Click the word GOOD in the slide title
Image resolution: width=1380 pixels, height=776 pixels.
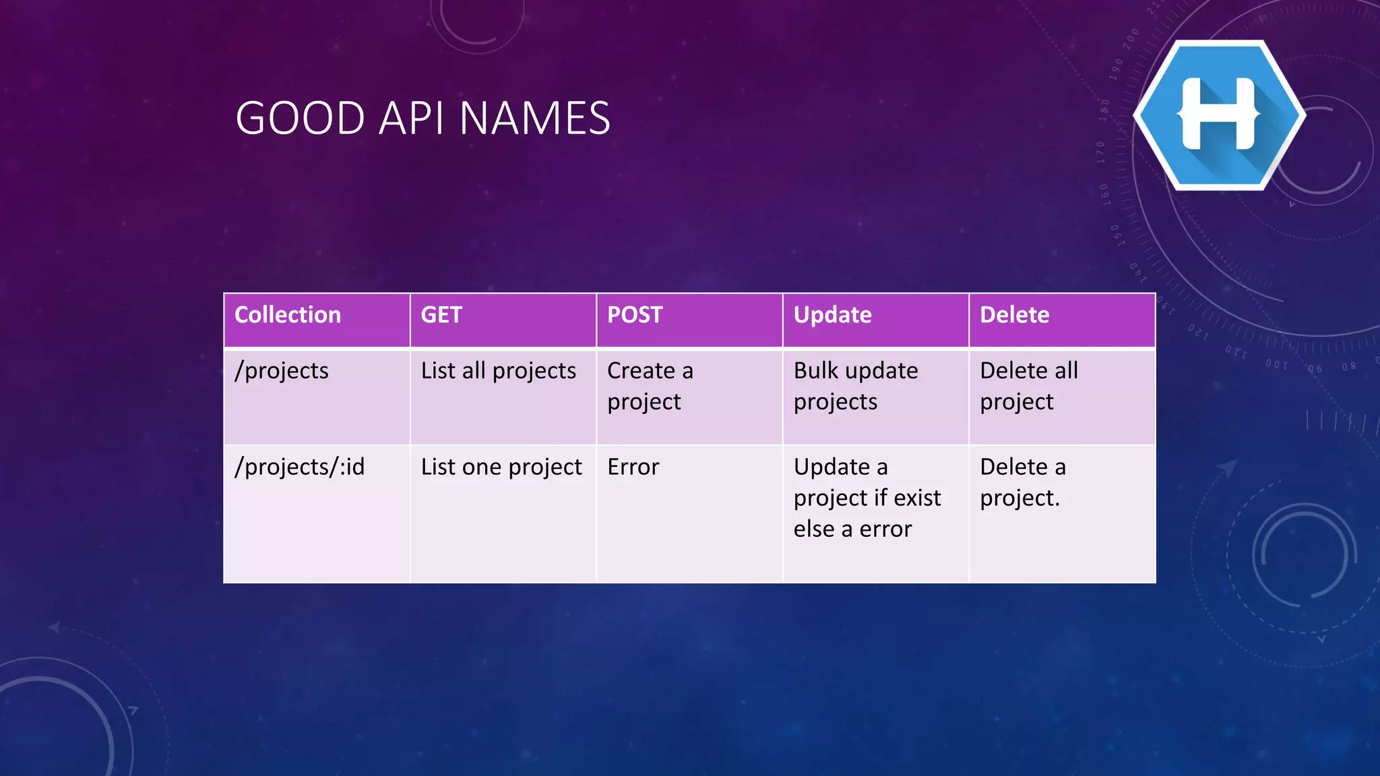(301, 119)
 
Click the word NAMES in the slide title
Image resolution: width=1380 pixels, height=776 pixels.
(535, 119)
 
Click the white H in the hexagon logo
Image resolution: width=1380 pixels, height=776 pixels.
(1218, 114)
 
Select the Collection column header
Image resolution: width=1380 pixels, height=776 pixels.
(288, 315)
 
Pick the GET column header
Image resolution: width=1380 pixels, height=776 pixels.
(441, 315)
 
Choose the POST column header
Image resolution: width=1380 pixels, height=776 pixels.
(635, 315)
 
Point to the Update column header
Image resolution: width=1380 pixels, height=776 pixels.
(832, 315)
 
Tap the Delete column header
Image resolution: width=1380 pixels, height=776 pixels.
(1014, 315)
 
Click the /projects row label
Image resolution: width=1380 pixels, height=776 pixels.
(282, 371)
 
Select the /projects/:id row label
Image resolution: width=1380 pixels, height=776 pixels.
(299, 467)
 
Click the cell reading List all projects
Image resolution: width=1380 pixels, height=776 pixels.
(499, 371)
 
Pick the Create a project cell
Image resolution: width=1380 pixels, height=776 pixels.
(650, 386)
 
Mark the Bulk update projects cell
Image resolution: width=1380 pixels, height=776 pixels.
(856, 386)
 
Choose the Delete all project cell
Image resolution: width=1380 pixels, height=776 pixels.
(1029, 386)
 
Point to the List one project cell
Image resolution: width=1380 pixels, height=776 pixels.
(501, 467)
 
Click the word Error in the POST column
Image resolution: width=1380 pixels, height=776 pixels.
(633, 467)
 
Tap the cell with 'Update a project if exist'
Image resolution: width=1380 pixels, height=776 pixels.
(867, 498)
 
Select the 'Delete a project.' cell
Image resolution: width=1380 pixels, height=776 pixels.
(1023, 482)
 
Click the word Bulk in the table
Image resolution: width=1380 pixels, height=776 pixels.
(812, 370)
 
